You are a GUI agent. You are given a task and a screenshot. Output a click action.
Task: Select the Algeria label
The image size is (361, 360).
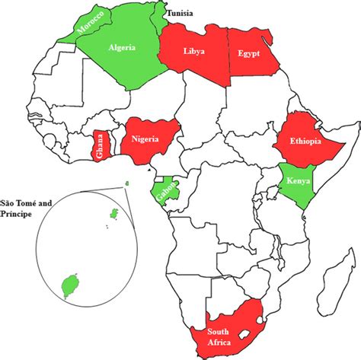(122, 47)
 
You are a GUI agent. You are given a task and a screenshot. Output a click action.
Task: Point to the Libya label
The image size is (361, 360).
(193, 51)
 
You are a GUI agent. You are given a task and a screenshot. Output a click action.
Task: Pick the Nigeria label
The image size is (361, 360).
(151, 139)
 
